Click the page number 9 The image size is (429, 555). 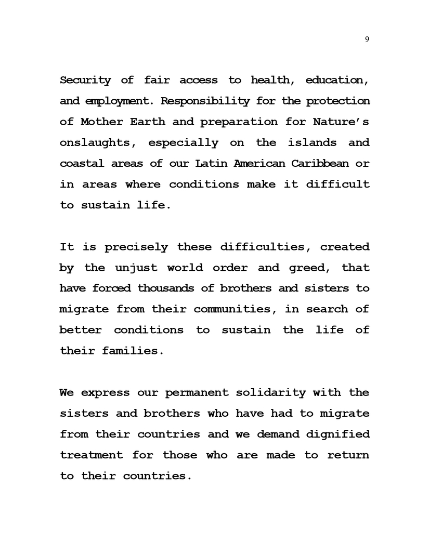tap(367, 39)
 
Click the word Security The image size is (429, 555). tap(85, 80)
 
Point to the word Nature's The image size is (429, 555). tap(341, 122)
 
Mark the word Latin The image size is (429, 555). tap(210, 163)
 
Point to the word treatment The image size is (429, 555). tap(92, 455)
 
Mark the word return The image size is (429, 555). tap(348, 455)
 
